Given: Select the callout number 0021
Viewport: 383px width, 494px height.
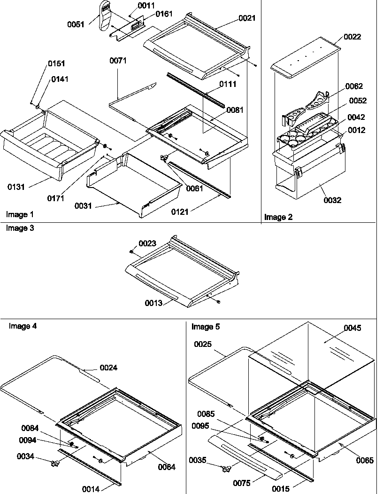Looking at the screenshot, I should [x=247, y=18].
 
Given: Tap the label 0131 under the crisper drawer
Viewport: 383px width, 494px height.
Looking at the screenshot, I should [x=16, y=187].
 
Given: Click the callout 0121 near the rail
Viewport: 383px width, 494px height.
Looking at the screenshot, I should [x=180, y=212].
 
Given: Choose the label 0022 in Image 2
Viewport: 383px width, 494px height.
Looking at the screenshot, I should [x=352, y=37].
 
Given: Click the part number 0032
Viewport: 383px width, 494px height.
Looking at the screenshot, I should [x=332, y=200].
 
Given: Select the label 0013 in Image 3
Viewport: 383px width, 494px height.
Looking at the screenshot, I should [x=153, y=303].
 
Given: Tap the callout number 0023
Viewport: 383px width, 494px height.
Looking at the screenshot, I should [x=147, y=243].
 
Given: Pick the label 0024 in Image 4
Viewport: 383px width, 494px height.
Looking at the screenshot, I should [x=108, y=368].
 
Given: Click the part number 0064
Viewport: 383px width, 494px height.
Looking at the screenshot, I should [x=167, y=467].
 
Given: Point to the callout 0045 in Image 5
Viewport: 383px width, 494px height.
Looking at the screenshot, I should [x=352, y=328].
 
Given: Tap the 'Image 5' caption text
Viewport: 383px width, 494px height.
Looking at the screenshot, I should [x=205, y=326].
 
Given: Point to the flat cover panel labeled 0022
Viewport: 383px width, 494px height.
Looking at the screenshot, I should [x=305, y=59].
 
